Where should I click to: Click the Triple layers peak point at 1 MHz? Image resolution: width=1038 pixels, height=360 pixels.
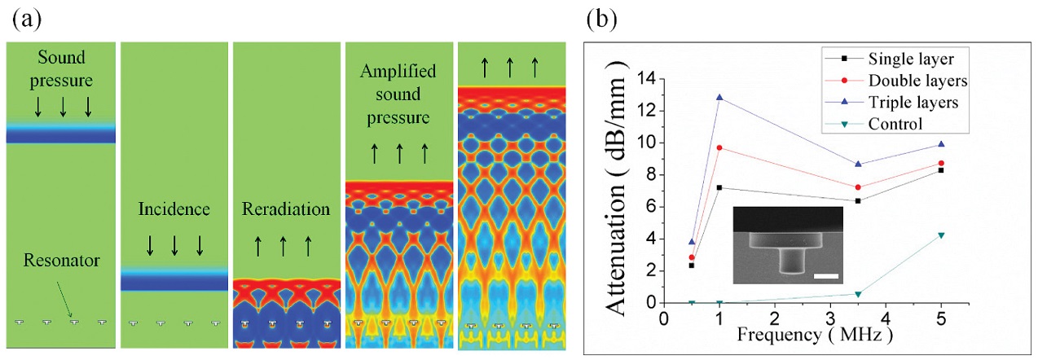[719, 98]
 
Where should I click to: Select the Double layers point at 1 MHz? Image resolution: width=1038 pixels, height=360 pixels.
[719, 147]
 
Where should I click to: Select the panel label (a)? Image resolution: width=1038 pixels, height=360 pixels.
[24, 16]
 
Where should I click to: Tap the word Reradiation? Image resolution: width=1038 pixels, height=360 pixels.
[286, 209]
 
